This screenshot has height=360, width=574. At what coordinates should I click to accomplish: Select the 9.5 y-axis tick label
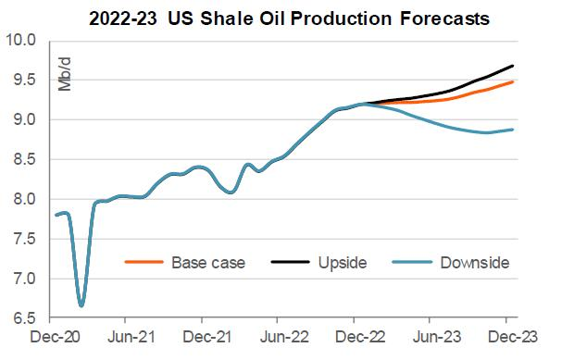[x=24, y=81]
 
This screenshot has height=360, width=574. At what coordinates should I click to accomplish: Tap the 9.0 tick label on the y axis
[x=24, y=120]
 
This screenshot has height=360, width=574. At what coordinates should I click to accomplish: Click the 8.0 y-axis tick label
[x=24, y=199]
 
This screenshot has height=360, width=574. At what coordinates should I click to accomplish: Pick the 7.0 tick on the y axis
[x=24, y=279]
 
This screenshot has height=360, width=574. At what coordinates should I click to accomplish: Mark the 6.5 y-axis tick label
[x=24, y=318]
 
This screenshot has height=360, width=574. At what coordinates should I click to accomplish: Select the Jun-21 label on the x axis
[x=135, y=340]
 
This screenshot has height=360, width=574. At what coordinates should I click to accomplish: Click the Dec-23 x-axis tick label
[x=507, y=340]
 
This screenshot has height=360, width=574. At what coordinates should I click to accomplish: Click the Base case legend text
[x=208, y=263]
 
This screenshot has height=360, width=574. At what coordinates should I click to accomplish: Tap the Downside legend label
[x=474, y=263]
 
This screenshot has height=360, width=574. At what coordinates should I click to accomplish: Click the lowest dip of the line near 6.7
[x=81, y=304]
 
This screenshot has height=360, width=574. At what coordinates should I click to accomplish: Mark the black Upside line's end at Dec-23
[x=514, y=66]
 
